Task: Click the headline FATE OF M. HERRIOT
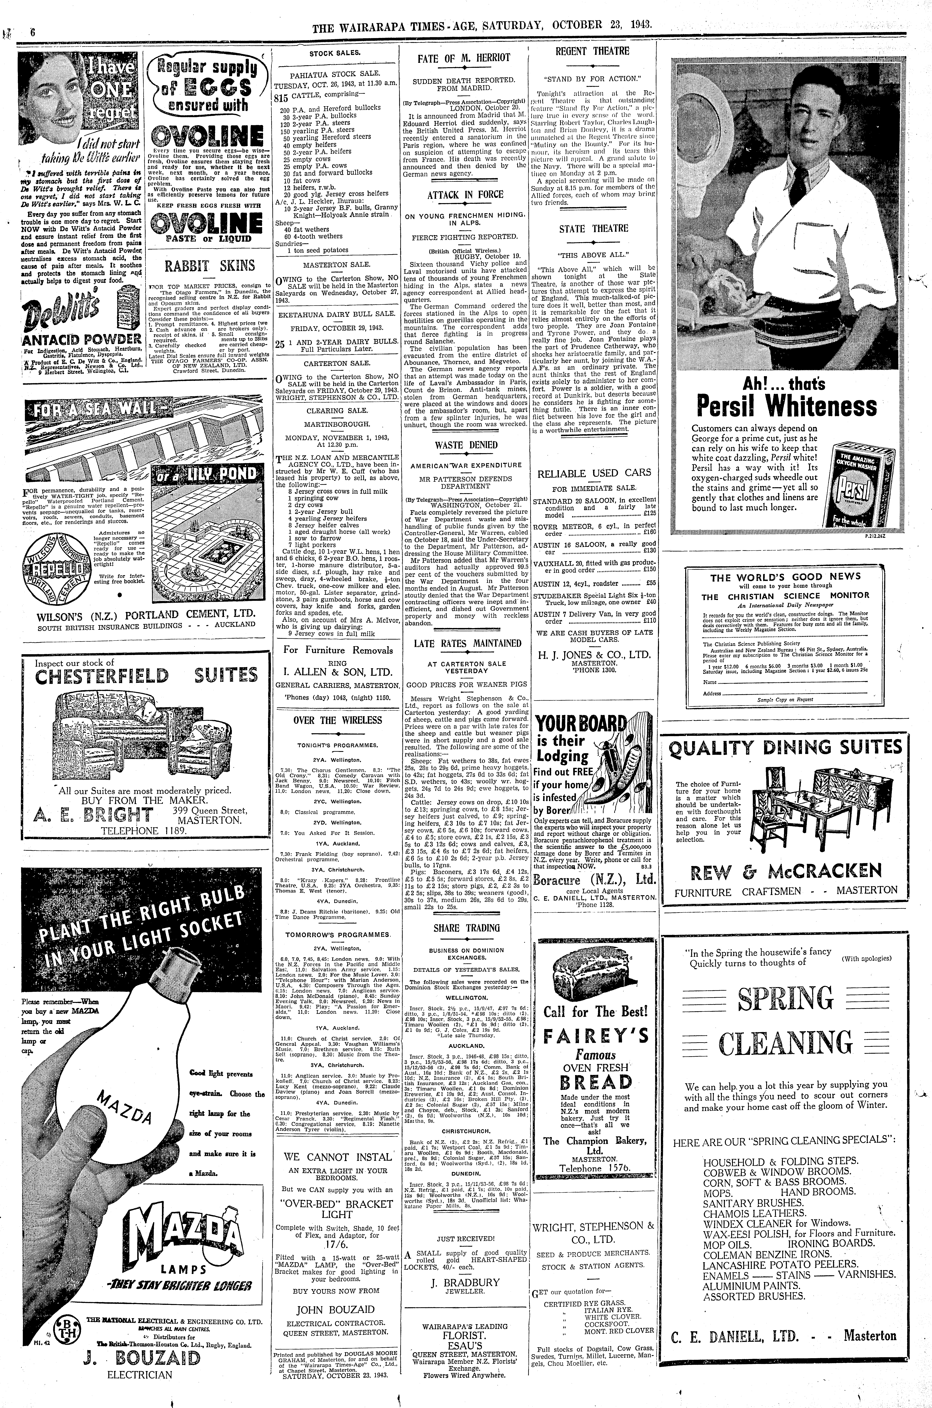[464, 58]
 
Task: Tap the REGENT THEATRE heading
[592, 51]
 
